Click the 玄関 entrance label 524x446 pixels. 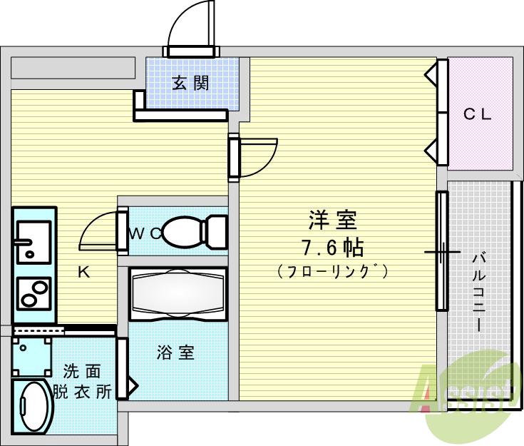pos(190,83)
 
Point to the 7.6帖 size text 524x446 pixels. pos(332,248)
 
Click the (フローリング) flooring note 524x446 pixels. pos(332,271)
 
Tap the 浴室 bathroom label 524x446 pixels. pos(175,353)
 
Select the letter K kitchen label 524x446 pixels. pos(83,272)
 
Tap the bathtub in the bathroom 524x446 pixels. pos(178,293)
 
